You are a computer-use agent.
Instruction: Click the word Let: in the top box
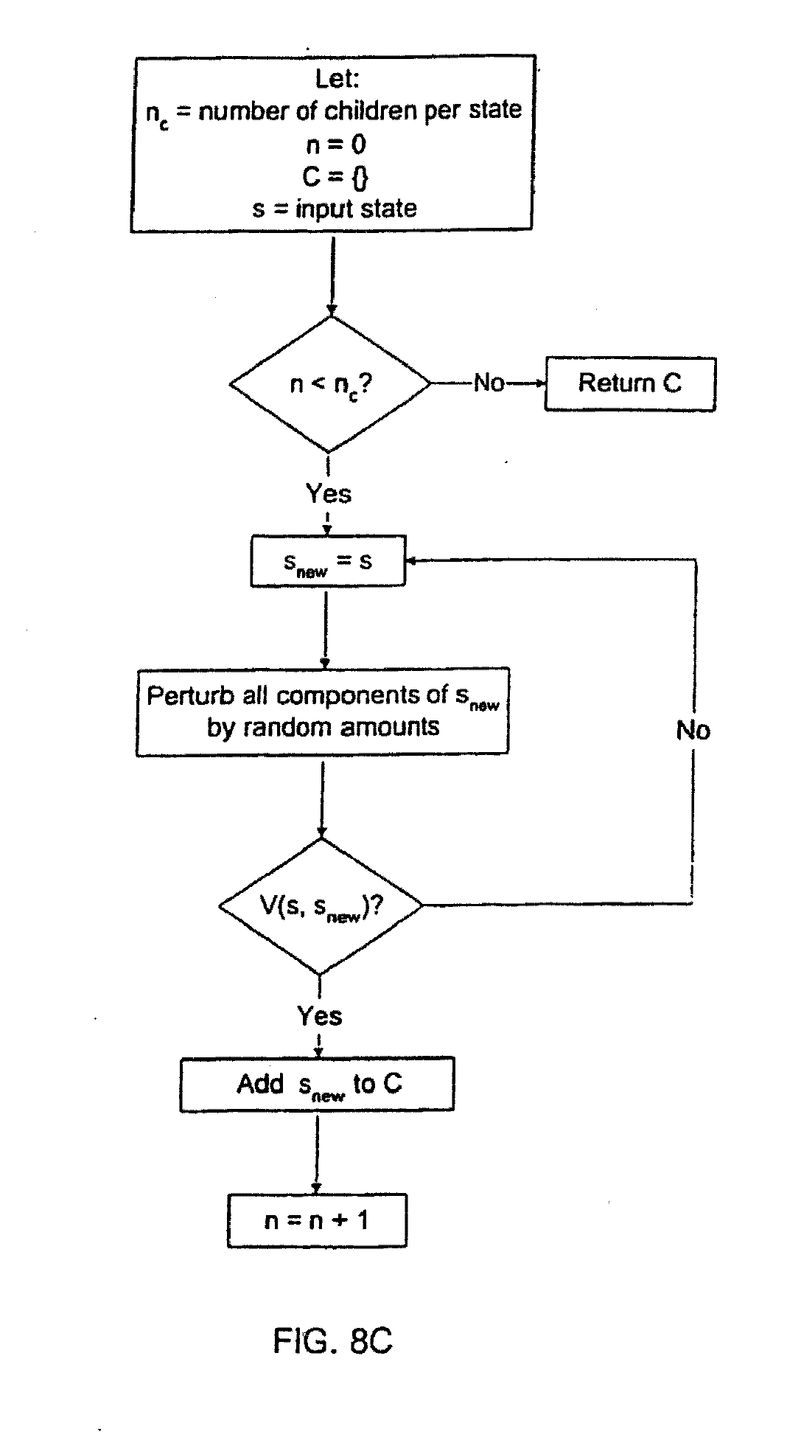pos(337,78)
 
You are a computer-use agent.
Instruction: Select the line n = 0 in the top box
pos(336,145)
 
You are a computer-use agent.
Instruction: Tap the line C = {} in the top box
pos(335,177)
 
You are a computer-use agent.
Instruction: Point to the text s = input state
pos(334,209)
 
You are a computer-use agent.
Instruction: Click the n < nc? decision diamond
pos(330,384)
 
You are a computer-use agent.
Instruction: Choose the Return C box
pos(630,383)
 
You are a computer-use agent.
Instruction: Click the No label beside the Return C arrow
pos(489,383)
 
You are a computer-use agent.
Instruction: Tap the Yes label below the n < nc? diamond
pos(329,493)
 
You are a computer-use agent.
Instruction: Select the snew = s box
pos(328,562)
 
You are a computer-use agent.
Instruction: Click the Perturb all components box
pos(322,712)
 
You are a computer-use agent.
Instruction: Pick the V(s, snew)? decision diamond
pos(321,905)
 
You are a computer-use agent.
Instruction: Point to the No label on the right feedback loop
pos(693,730)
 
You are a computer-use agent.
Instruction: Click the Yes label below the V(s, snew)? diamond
pos(320,1016)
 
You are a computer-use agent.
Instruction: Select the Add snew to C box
pos(317,1085)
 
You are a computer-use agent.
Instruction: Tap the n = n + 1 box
pos(317,1221)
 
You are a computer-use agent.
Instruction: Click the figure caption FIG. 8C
pos(333,1340)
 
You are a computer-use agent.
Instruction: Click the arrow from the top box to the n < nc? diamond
pos(332,273)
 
